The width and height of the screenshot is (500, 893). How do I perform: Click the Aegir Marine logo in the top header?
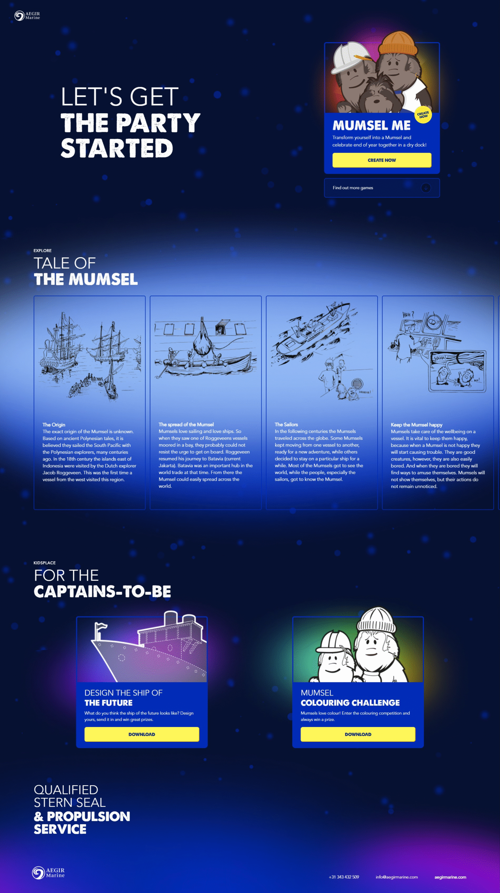tap(27, 16)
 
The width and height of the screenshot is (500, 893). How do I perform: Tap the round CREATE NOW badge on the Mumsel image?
tap(423, 115)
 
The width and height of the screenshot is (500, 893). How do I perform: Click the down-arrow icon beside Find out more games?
tap(426, 188)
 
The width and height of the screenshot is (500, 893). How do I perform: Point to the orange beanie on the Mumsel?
tap(398, 43)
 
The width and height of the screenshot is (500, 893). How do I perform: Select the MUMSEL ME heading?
tap(371, 125)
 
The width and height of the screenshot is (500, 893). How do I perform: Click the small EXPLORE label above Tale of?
tap(43, 250)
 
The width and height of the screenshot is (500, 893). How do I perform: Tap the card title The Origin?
tap(54, 425)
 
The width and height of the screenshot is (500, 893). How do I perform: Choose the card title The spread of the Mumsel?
tap(186, 425)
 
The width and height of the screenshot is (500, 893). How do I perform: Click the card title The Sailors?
tap(286, 425)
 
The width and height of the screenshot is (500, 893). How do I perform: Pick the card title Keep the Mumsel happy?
tap(416, 425)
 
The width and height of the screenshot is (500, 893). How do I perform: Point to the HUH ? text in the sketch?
tap(408, 315)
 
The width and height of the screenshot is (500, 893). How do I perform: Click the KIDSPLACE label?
tap(45, 563)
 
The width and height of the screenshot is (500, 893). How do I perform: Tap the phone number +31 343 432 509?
tap(344, 877)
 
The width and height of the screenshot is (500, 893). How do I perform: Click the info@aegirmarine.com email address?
tap(396, 877)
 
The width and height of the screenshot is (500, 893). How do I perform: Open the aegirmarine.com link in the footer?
tap(450, 877)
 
